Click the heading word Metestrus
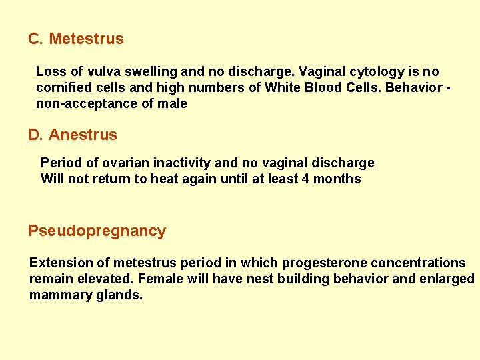(86, 39)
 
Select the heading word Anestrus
(83, 135)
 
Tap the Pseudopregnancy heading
(97, 231)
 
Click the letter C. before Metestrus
(35, 39)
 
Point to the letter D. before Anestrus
(35, 135)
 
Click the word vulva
(100, 71)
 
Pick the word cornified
(63, 87)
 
